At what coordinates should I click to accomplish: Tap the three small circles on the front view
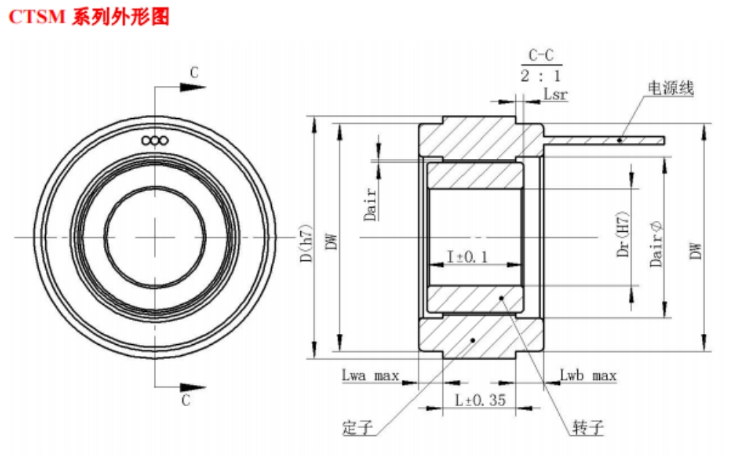(x=156, y=140)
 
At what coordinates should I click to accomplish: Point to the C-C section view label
(x=542, y=55)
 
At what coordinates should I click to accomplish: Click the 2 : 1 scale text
(x=541, y=76)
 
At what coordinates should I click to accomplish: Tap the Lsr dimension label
(x=555, y=95)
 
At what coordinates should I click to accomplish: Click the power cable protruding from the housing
(x=605, y=139)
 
